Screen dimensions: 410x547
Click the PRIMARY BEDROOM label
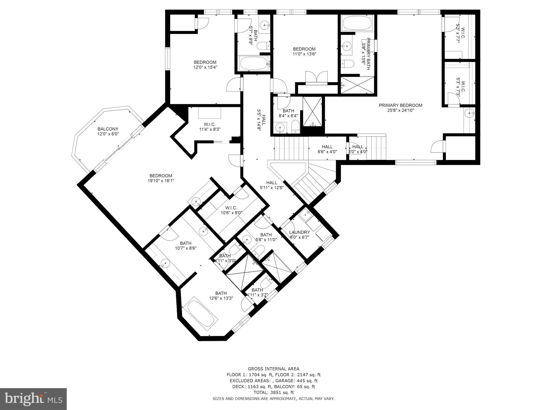pos(400,105)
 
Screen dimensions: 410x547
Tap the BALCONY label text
pos(108,129)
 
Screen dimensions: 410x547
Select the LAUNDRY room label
pos(299,232)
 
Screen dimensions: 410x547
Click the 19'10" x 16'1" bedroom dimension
pos(161,181)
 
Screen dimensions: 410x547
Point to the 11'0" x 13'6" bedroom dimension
pos(304,54)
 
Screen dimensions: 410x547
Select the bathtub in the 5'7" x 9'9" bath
pos(254,63)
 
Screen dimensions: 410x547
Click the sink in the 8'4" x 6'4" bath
pos(280,127)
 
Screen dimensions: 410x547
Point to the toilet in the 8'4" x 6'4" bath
pos(295,127)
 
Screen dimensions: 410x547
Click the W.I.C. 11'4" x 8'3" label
pos(210,127)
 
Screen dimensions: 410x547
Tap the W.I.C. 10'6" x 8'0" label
pos(231,210)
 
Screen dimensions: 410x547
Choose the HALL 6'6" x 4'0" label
pos(327,149)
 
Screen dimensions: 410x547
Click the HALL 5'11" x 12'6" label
pos(272,185)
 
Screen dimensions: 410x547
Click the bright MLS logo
pos(33,399)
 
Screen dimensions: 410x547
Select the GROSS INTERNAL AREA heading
pos(273,369)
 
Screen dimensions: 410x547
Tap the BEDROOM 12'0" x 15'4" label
pos(205,65)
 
